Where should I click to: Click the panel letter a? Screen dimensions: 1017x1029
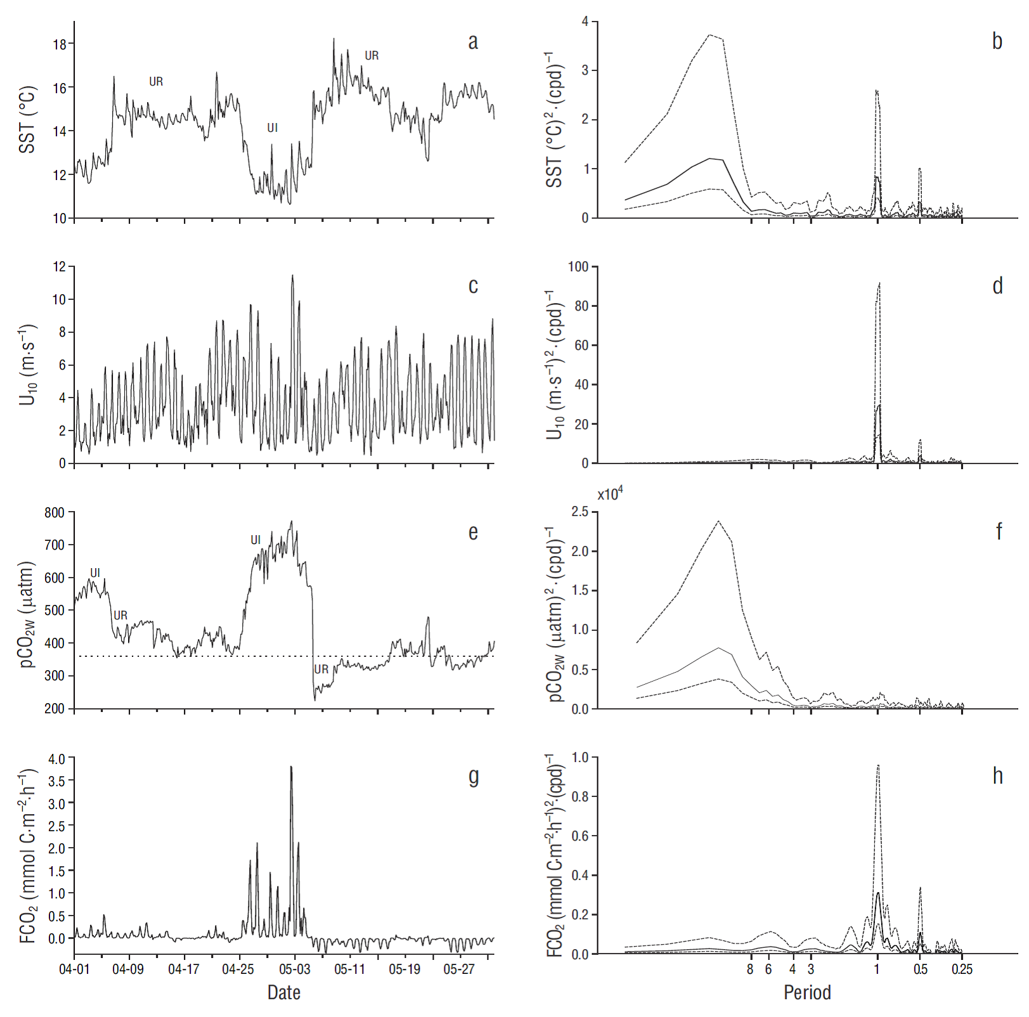[x=473, y=42]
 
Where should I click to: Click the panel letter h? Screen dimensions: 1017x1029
[x=997, y=775]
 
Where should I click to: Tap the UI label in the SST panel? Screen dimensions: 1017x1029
[x=273, y=128]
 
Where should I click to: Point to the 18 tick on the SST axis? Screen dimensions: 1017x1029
[x=60, y=44]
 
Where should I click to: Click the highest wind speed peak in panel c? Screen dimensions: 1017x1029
[x=292, y=276]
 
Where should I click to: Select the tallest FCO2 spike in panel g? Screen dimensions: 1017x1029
[x=291, y=767]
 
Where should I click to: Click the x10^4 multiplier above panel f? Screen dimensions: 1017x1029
[x=610, y=494]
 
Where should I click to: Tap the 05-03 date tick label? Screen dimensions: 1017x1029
[x=294, y=969]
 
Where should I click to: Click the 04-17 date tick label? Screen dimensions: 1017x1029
[x=184, y=969]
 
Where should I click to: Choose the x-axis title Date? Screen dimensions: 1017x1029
[x=283, y=992]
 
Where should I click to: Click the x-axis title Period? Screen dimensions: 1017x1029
[x=807, y=992]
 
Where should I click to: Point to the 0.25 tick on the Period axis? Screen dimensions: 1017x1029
[x=962, y=969]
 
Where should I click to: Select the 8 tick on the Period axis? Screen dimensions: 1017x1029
[x=751, y=969]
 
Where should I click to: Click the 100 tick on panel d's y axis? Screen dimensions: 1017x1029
[x=578, y=267]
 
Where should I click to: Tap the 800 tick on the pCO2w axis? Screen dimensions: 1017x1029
[x=55, y=512]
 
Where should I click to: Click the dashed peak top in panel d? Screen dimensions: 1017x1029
[x=879, y=283]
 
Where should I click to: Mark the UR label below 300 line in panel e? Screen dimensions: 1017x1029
[x=321, y=670]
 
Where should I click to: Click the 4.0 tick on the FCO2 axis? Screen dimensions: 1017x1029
[x=56, y=759]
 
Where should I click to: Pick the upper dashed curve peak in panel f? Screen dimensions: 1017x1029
[x=718, y=521]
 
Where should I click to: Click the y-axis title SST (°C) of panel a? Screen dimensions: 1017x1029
[x=27, y=119]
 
